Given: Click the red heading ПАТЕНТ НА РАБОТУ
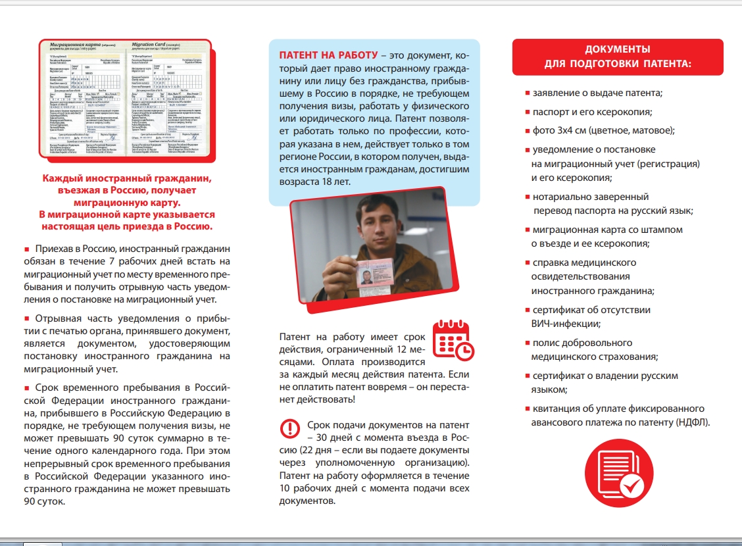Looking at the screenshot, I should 328,55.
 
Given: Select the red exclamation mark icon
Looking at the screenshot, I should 289,428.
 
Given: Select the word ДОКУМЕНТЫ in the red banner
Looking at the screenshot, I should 618,49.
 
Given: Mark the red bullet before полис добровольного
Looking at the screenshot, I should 527,343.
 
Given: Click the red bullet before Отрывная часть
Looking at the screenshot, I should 27,320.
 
